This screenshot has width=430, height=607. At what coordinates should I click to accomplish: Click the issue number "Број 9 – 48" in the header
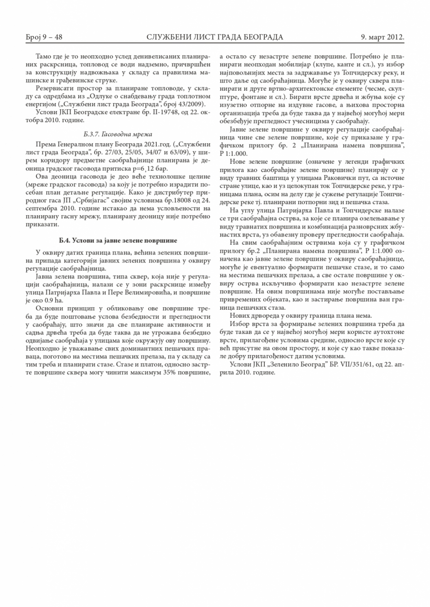pyautogui.click(x=44, y=37)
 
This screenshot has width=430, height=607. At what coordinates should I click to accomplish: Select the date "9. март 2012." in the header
pyautogui.click(x=382, y=37)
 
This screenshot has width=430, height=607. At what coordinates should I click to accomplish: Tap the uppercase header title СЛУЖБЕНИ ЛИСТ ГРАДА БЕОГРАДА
pyautogui.click(x=215, y=37)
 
